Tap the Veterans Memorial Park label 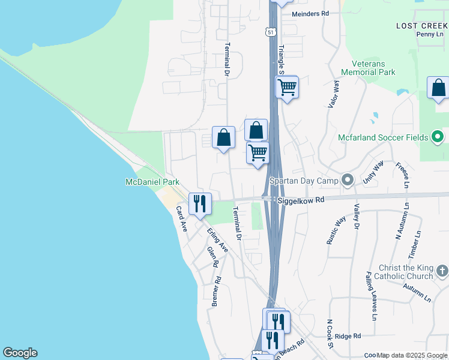(x=366, y=68)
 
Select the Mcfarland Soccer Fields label (x=382, y=137)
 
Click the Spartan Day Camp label (x=304, y=180)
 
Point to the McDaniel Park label (x=152, y=182)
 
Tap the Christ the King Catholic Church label (x=406, y=272)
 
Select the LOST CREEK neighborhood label (x=421, y=26)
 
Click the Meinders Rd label (x=310, y=13)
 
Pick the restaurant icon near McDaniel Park (x=200, y=203)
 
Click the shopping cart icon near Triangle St (x=287, y=87)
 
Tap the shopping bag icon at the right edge (x=439, y=88)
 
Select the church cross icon (x=442, y=271)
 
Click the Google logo (x=20, y=353)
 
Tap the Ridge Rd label (x=348, y=337)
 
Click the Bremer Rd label (x=216, y=292)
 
